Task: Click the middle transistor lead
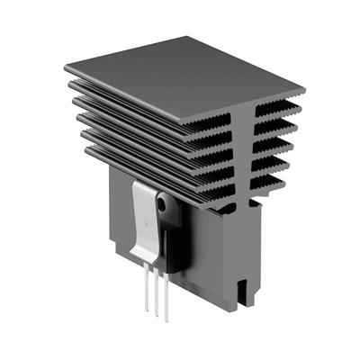click(x=157, y=294)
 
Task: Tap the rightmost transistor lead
click(x=166, y=299)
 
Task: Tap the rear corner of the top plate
click(x=191, y=38)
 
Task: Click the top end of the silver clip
click(x=146, y=184)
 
